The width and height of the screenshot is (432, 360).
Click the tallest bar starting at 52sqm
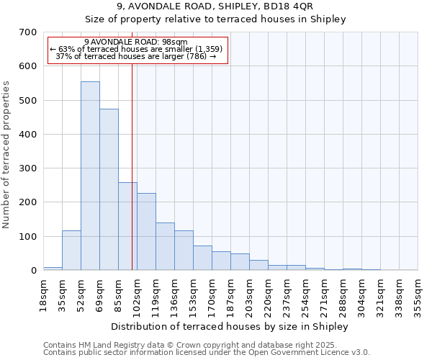pyautogui.click(x=90, y=176)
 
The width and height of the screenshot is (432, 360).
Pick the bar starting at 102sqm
pyautogui.click(x=146, y=231)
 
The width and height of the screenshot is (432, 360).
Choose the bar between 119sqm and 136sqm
pyautogui.click(x=165, y=246)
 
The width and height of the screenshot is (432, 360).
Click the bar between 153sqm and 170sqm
pyautogui.click(x=202, y=258)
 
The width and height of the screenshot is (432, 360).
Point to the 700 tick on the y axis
pyautogui.click(x=29, y=32)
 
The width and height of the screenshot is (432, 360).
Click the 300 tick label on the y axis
pyautogui.click(x=29, y=168)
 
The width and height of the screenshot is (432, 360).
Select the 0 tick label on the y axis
pyautogui.click(x=33, y=271)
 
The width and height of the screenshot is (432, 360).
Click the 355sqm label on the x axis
pyautogui.click(x=418, y=294)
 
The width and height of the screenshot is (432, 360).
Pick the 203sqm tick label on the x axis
pyautogui.click(x=250, y=294)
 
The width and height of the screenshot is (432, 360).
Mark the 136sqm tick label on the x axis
pyautogui.click(x=175, y=294)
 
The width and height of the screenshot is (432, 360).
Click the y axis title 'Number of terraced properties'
pyautogui.click(x=7, y=155)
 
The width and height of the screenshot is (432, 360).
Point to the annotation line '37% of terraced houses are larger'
pyautogui.click(x=136, y=57)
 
